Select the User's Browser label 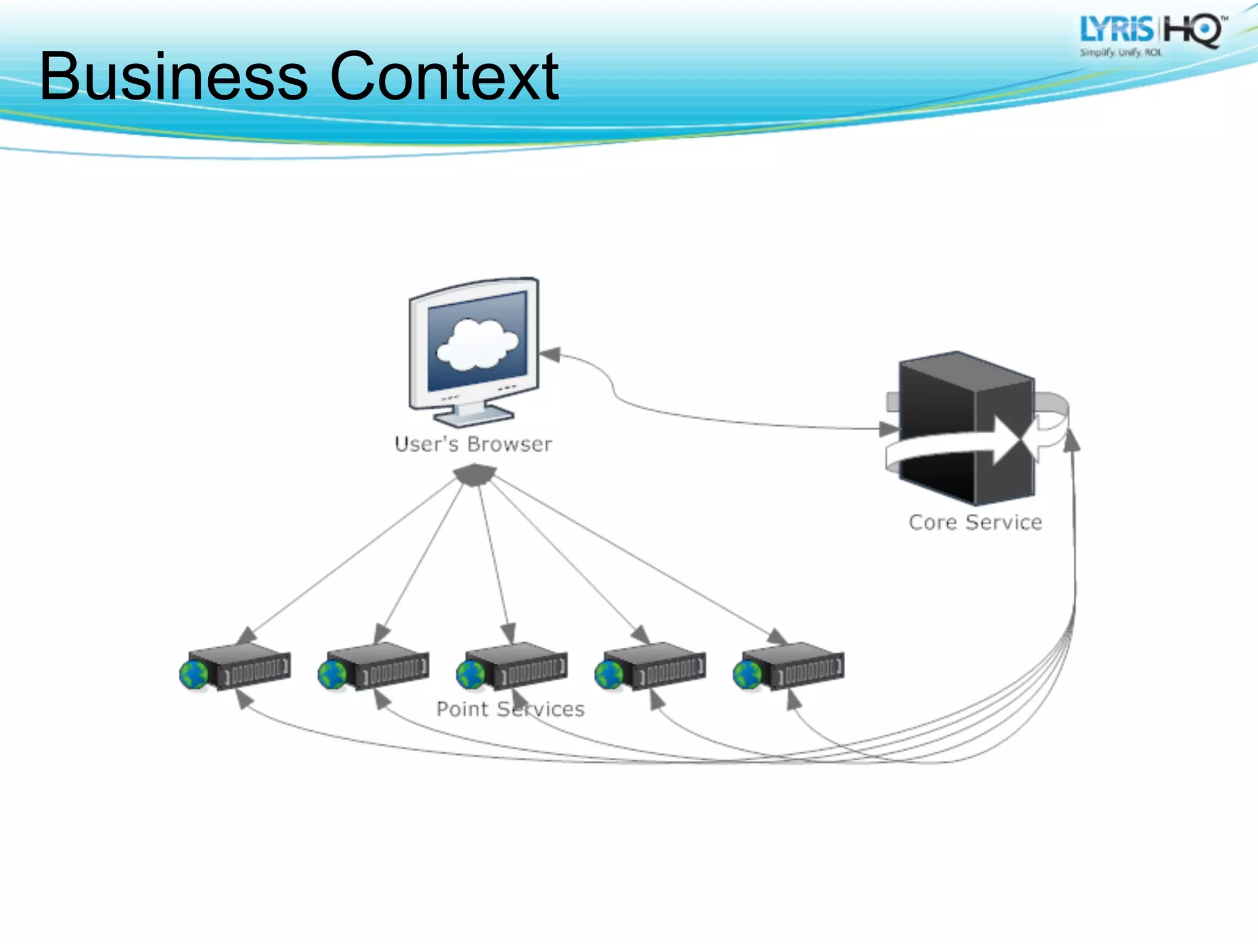click(x=473, y=444)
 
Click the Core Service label click(x=975, y=522)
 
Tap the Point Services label click(x=510, y=709)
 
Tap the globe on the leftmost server click(x=194, y=675)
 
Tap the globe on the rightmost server click(x=748, y=675)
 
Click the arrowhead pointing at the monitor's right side click(x=550, y=355)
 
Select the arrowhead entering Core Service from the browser click(x=889, y=428)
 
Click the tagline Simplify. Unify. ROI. click(x=1121, y=53)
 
